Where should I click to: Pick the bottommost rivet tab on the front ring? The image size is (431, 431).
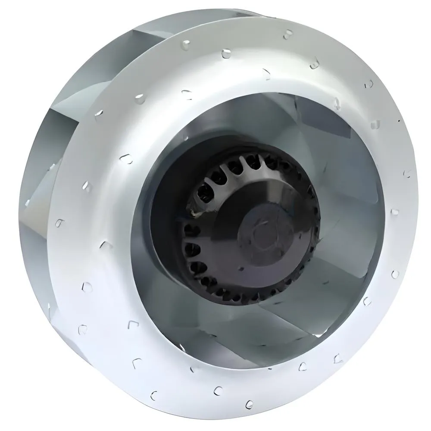(248, 404)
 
